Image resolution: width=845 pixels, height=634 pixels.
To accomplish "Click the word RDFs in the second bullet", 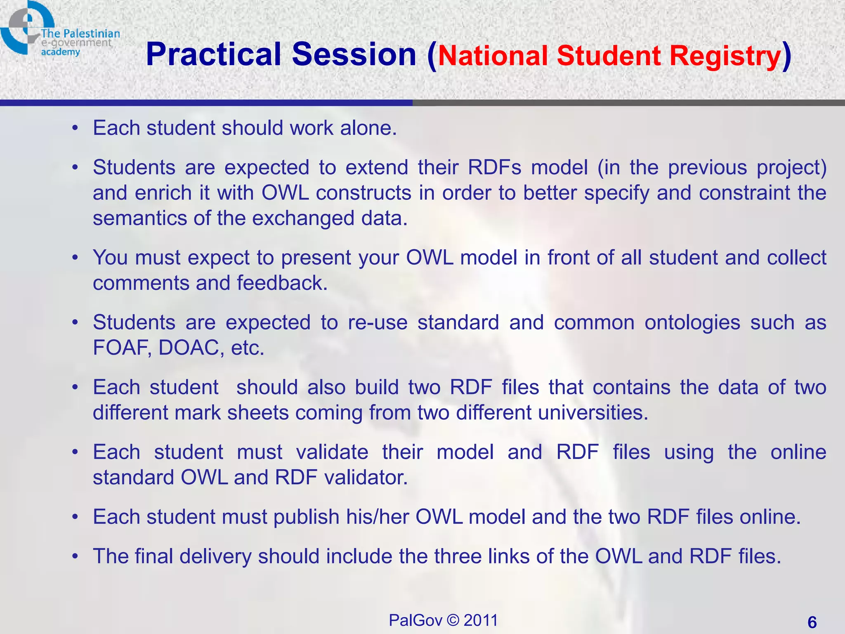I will [x=494, y=168].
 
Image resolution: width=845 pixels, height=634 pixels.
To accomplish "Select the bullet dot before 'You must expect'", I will [x=75, y=258].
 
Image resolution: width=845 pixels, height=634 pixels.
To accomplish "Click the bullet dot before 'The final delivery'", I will [x=75, y=556].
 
